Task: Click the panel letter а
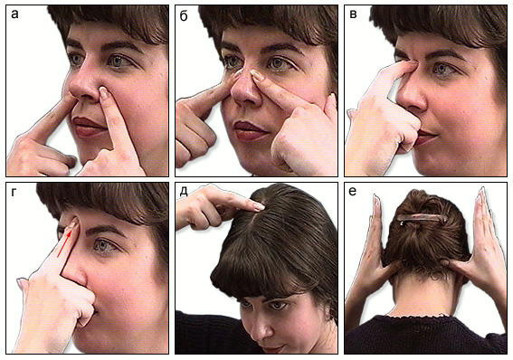(x=14, y=14)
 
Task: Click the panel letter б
(x=184, y=15)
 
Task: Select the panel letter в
(x=353, y=14)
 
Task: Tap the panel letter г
(x=14, y=193)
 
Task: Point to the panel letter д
(x=184, y=192)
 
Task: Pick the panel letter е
(x=352, y=191)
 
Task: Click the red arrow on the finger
(x=64, y=243)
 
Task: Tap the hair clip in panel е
(x=422, y=218)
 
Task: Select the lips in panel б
(x=250, y=130)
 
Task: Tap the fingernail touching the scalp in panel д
(x=260, y=206)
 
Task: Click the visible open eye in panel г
(x=105, y=245)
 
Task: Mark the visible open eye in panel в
(x=443, y=69)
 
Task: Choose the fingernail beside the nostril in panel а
(x=104, y=92)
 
